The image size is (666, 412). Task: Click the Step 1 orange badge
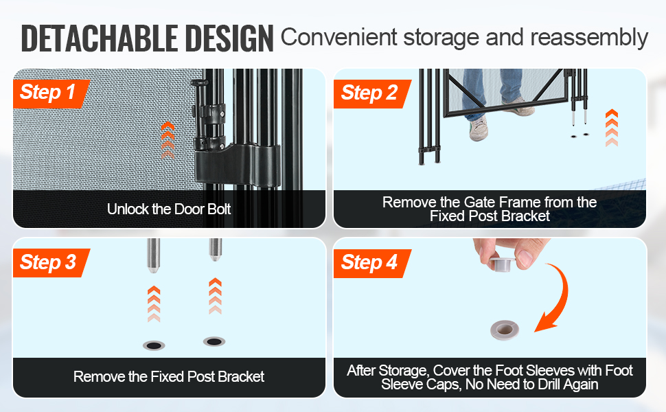coord(51,93)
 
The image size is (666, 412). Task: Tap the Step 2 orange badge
coord(371,93)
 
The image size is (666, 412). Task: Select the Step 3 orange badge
coord(51,262)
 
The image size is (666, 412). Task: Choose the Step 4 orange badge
coord(371,263)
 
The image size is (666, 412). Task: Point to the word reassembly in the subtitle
coord(589,37)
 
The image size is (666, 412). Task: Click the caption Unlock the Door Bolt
coord(169,209)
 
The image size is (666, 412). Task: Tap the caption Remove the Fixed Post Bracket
coord(169,376)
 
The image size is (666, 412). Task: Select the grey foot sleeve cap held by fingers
coord(502,264)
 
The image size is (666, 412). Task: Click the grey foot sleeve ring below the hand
coord(505,330)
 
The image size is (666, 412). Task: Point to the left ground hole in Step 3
coord(154,345)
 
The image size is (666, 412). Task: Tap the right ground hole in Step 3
coord(214,341)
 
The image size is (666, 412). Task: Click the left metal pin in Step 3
coord(153,255)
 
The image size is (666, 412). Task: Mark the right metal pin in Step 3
coord(216,250)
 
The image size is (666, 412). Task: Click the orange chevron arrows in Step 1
coord(168,141)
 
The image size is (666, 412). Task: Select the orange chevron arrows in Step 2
coord(612,128)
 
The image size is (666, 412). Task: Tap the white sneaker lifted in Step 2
coord(479,128)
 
